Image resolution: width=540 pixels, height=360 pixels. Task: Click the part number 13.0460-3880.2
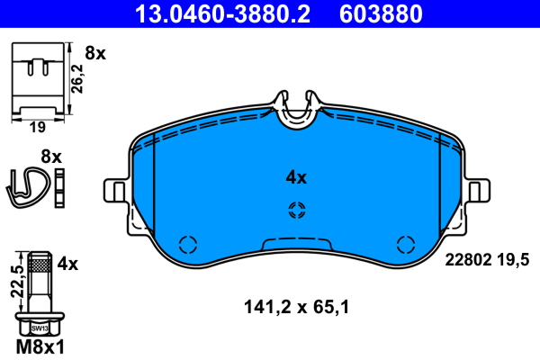[228, 13]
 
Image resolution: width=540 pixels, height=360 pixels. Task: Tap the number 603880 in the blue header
[382, 13]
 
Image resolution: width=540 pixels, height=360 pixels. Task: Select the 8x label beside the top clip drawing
[94, 54]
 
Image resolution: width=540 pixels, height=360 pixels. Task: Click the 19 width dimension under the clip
[37, 128]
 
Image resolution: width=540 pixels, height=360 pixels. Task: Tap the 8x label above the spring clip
[51, 157]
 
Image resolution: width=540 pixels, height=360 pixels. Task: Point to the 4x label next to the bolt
[68, 265]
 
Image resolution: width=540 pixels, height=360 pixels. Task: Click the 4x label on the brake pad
[296, 178]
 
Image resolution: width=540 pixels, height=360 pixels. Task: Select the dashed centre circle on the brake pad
[296, 211]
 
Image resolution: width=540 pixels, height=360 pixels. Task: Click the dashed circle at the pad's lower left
[188, 244]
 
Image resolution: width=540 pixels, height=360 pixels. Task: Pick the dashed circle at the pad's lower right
[406, 244]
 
